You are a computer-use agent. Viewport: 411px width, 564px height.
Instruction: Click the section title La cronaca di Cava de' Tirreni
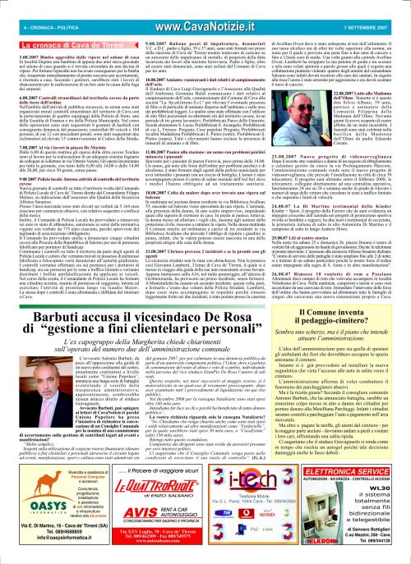54,25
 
